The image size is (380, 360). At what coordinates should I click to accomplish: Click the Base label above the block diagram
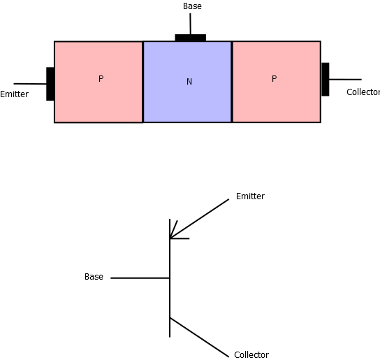[x=192, y=6]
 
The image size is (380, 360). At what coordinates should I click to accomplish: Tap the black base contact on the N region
[x=191, y=38]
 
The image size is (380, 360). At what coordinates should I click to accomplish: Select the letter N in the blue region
[x=189, y=82]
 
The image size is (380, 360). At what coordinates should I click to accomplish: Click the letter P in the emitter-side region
[x=101, y=78]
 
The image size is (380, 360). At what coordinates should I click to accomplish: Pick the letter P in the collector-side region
[x=274, y=78]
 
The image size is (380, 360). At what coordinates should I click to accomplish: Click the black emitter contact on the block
[x=50, y=84]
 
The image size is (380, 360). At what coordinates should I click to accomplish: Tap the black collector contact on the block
[x=326, y=79]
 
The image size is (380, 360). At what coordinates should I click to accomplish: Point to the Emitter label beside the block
[x=14, y=94]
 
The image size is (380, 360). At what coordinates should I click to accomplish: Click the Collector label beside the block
[x=363, y=92]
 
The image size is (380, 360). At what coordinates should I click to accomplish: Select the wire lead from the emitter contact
[x=30, y=84]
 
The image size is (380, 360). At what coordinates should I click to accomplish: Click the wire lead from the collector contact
[x=345, y=79]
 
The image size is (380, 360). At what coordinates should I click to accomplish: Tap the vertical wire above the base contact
[x=190, y=24]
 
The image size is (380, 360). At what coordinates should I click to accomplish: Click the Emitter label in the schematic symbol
[x=250, y=196]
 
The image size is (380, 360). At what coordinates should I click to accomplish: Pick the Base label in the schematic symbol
[x=94, y=277]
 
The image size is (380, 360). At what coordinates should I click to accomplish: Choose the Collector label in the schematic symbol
[x=251, y=355]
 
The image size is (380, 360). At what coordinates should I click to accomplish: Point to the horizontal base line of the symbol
[x=140, y=278]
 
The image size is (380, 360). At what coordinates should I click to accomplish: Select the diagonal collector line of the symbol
[x=199, y=337]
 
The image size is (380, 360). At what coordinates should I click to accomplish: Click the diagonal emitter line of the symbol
[x=199, y=219]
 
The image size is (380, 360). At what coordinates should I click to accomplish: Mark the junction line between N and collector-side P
[x=232, y=82]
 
